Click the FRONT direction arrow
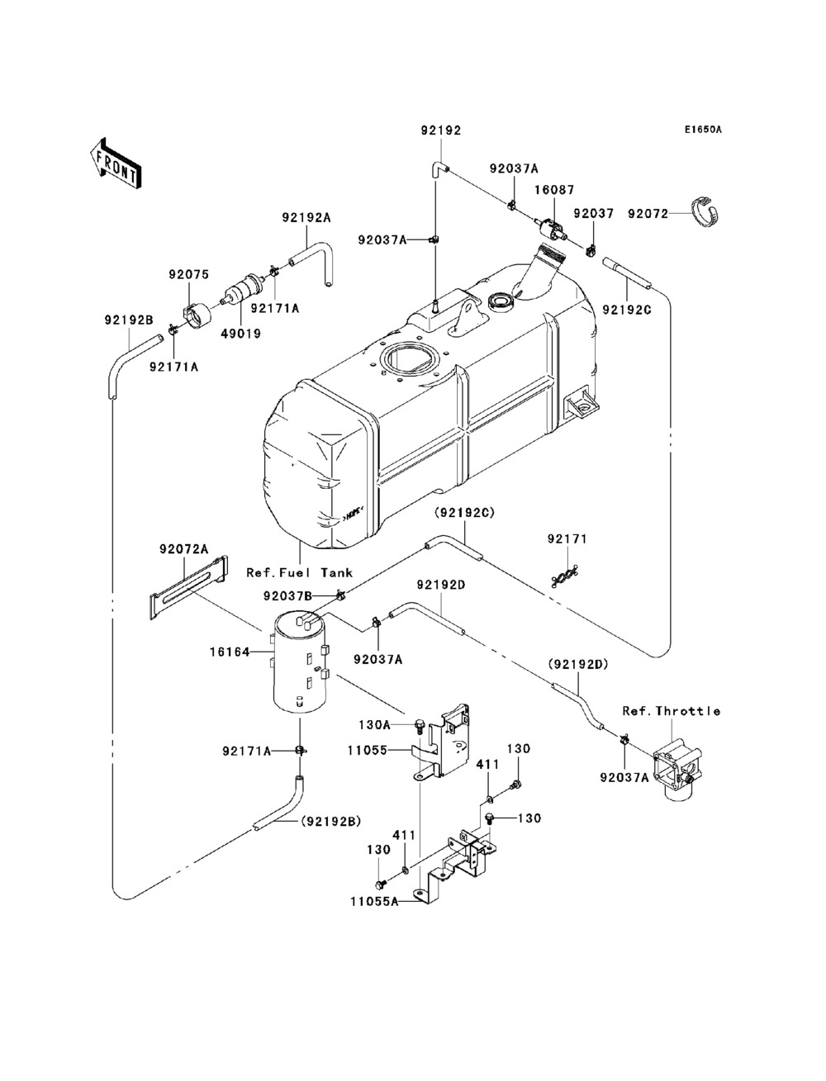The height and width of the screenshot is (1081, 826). tap(116, 163)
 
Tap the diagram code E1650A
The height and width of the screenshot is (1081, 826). tap(702, 130)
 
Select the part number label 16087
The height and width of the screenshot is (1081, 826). tap(554, 190)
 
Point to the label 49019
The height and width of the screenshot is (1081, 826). tap(240, 334)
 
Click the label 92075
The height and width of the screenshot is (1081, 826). tap(189, 274)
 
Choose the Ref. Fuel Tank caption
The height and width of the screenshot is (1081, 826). tap(300, 573)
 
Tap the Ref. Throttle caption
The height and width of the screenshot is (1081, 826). tap(672, 711)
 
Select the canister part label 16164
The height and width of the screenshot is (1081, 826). tap(230, 652)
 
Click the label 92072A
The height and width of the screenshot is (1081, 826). tap(183, 548)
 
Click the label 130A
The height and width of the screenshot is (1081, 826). tap(374, 724)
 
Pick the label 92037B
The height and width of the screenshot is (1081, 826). tap(287, 596)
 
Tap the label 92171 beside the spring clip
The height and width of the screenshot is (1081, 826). tap(567, 539)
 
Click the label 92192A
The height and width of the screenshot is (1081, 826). tap(306, 217)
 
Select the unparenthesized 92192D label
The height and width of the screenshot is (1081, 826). tap(441, 585)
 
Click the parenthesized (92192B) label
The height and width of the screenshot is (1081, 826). tap(331, 821)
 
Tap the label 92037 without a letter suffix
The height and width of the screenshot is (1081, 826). tap(594, 214)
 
